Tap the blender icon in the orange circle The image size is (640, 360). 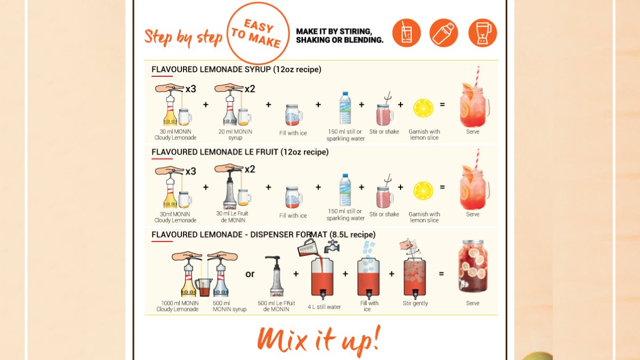482,33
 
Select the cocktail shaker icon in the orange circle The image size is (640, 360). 444,33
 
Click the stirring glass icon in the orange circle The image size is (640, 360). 406,33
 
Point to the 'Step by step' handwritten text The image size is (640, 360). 183,37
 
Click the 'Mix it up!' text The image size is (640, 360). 319,339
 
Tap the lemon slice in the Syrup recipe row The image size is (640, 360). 423,108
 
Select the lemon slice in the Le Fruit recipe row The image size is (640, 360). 423,191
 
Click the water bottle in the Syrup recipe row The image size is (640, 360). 345,108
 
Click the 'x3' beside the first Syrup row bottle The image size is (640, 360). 191,89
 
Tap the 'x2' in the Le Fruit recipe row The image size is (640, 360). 250,170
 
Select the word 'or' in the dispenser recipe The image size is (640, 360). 250,274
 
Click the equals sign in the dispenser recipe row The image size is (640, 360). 441,274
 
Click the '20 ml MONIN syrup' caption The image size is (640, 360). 235,134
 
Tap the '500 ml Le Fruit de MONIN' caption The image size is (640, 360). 276,306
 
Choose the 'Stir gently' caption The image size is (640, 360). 415,303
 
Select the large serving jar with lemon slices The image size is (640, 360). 473,267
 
